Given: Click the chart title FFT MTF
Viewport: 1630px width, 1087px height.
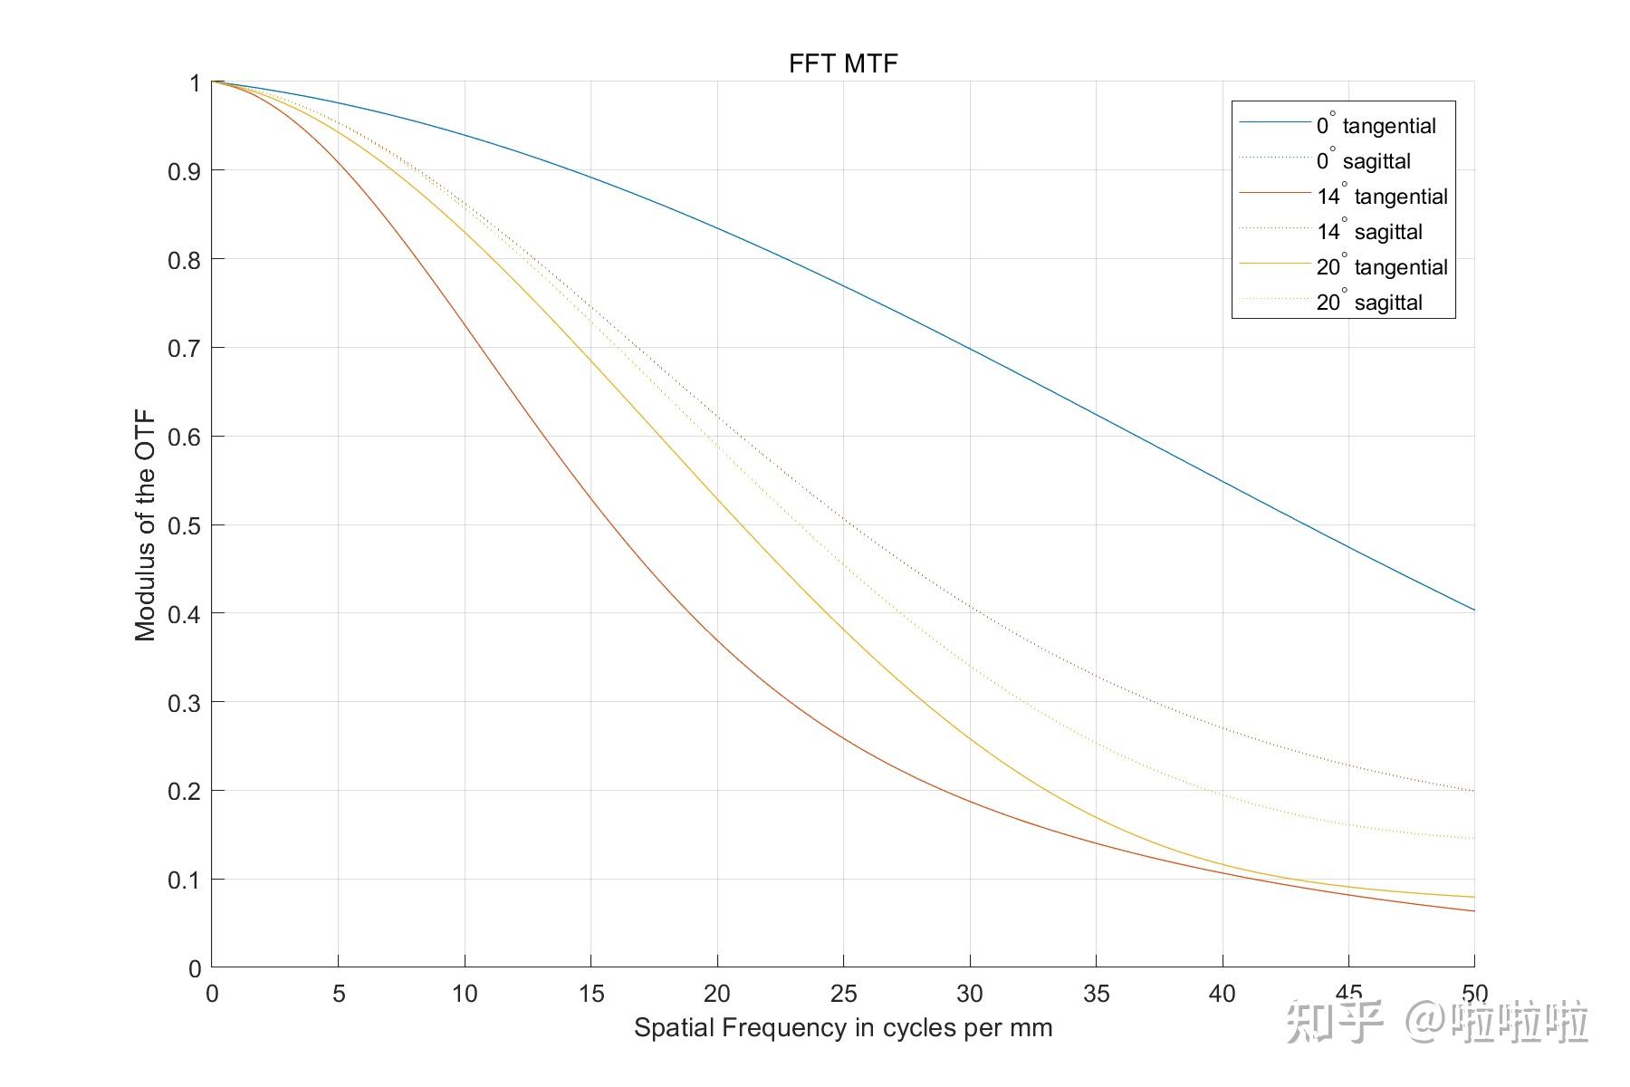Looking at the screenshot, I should (843, 63).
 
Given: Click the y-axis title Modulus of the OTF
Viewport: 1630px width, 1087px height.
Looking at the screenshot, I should (145, 525).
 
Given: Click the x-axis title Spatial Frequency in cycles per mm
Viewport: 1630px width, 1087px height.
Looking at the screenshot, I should (843, 1028).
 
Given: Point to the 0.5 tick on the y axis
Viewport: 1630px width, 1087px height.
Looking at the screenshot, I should (184, 525).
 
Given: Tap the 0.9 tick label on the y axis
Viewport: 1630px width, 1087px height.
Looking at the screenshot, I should (184, 171).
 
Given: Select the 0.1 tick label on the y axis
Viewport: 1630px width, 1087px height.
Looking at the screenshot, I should (184, 880).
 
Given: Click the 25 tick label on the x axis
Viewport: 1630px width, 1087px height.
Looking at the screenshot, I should (843, 994).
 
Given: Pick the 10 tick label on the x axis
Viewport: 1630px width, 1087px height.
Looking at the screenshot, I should (465, 994).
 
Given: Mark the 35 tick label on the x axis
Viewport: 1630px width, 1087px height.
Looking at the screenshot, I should (1096, 994).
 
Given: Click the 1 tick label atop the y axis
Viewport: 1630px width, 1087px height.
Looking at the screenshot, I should (195, 83).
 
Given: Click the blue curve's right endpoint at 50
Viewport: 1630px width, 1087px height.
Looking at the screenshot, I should (1473, 610).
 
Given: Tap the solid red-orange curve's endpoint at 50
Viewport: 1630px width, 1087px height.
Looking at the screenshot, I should (1473, 911).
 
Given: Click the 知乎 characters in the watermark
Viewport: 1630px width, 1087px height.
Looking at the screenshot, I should (1335, 1022).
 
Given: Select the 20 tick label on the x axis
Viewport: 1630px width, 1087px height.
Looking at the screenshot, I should (717, 994).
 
